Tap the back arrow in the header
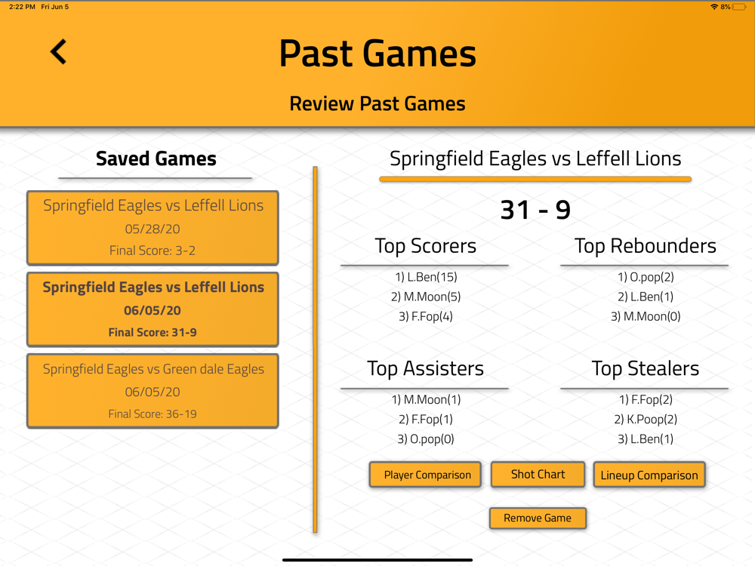pos(58,51)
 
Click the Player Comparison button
pos(425,475)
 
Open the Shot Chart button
pos(538,474)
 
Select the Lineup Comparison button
pos(649,475)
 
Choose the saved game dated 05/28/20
pos(153,228)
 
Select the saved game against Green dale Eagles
pos(153,391)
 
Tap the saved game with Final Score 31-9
pos(153,309)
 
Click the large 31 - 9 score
pos(535,210)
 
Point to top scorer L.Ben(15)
pos(426,277)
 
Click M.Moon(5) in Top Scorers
pos(426,297)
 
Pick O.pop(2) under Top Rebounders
pos(646,277)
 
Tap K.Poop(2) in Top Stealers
pos(646,419)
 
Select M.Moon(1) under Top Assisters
pos(426,399)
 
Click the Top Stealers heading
pos(646,369)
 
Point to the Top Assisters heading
pos(425,369)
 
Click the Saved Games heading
pos(156,158)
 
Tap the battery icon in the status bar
pos(739,7)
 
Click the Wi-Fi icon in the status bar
pos(714,7)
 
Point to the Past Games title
pos(377,54)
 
